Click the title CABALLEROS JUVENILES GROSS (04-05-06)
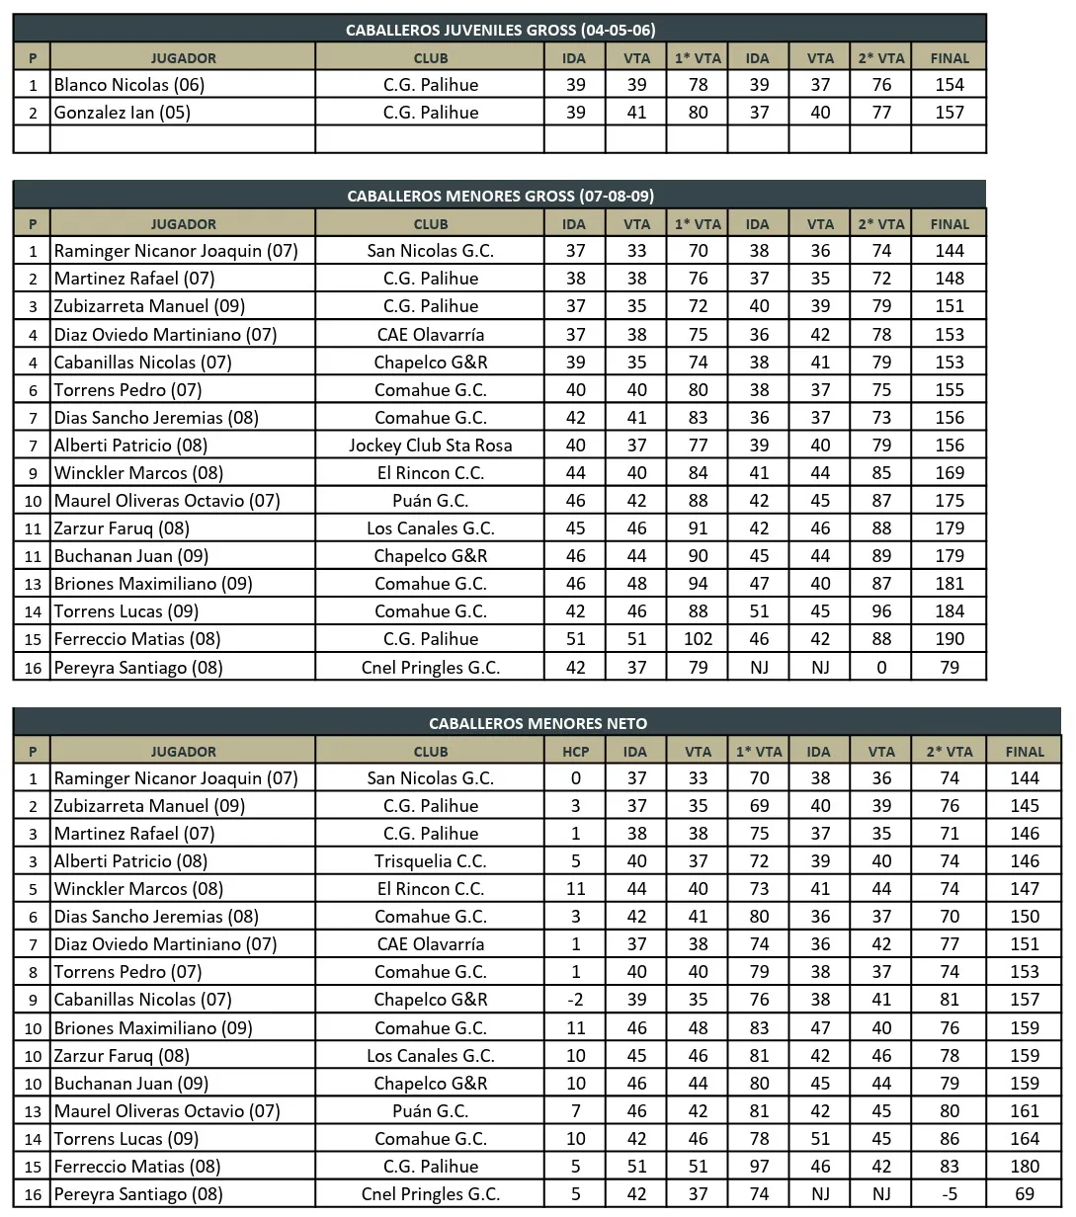500,30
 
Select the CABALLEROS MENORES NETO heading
538,723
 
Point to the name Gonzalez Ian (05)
123,113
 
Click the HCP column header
575,751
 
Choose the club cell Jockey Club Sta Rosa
431,446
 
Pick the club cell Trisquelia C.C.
431,861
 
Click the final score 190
949,639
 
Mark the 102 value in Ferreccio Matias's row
698,639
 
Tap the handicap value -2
575,1000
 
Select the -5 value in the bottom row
949,1194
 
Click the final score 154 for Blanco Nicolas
949,85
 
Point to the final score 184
949,611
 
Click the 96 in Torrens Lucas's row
881,611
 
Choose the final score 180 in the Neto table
1025,1167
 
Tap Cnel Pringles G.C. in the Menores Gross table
431,668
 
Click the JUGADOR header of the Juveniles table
183,58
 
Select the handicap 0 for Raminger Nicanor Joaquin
575,778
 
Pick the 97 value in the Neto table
759,1167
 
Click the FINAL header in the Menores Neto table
1025,751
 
